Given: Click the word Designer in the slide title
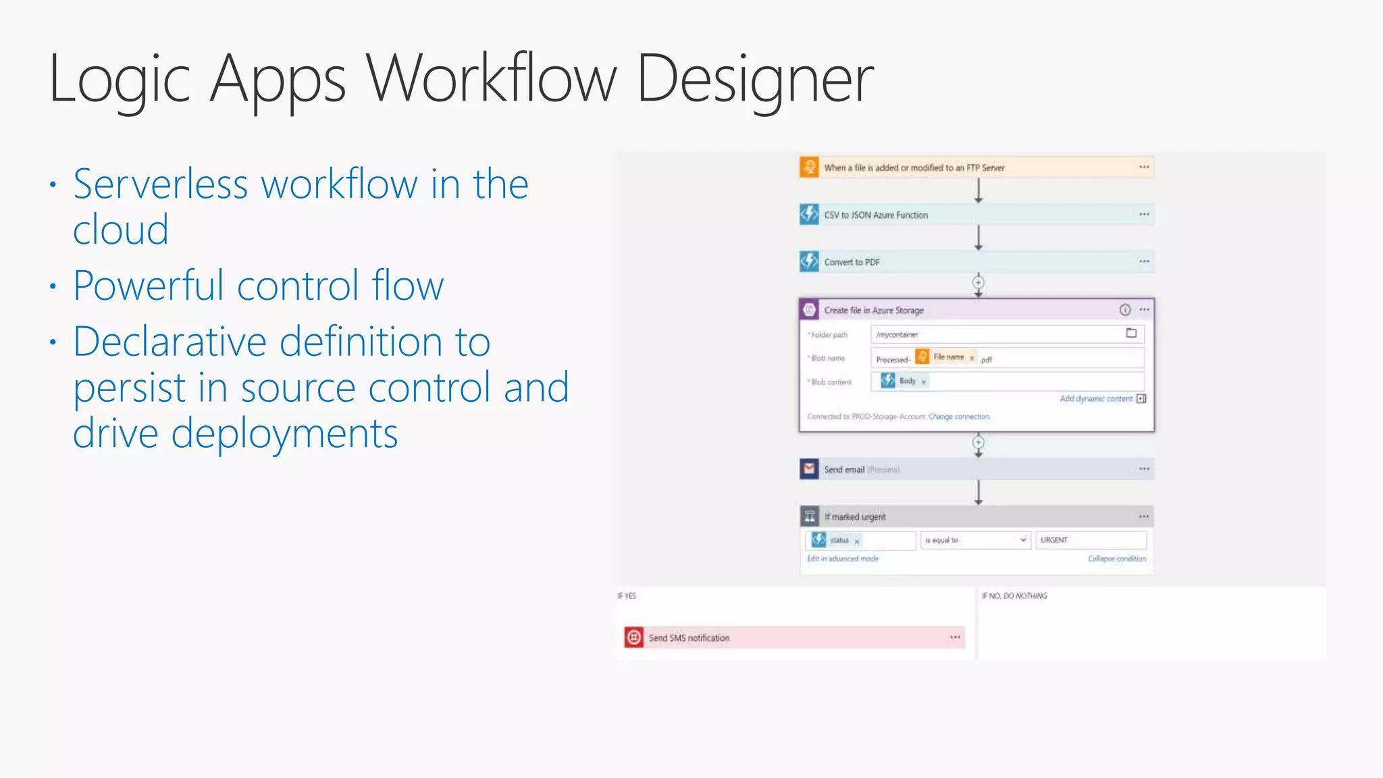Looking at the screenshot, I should [755, 80].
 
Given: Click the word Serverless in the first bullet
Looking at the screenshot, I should [161, 184].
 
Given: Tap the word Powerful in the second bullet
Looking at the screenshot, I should [147, 285].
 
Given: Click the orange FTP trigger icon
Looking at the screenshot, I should [809, 167].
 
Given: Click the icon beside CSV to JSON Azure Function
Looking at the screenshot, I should [809, 214].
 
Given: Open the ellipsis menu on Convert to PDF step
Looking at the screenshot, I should [1144, 261].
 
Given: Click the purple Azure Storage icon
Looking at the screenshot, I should [809, 310].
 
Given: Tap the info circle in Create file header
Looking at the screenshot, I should [1125, 310].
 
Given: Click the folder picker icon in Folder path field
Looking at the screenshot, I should [1131, 333].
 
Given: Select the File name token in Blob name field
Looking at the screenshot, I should [947, 357].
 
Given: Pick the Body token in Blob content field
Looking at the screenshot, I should [906, 381].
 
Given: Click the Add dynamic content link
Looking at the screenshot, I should [1096, 398].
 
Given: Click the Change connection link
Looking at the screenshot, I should [959, 417].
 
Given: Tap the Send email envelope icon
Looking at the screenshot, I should [809, 469].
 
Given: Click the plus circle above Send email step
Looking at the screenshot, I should [978, 442].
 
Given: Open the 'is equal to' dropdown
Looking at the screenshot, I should [975, 540].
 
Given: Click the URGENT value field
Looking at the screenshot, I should [1091, 540].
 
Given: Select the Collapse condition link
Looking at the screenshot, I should [1117, 559].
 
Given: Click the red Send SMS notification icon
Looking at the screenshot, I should [633, 637].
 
